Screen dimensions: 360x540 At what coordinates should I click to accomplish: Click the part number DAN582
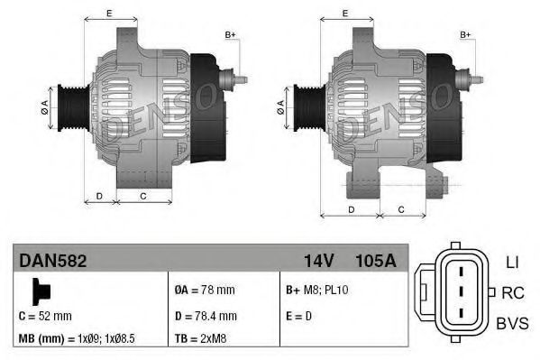[x=53, y=261]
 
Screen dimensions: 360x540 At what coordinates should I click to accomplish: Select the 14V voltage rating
[x=319, y=261]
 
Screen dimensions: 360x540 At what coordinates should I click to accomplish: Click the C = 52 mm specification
[x=45, y=317]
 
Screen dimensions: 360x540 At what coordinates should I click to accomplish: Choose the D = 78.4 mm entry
[x=206, y=317]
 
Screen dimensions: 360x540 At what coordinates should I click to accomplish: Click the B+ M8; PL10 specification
[x=318, y=291]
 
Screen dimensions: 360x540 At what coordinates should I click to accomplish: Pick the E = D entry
[x=301, y=317]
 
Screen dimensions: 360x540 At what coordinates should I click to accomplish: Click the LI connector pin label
[x=511, y=263]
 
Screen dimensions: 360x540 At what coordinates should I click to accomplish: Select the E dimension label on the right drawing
[x=346, y=13]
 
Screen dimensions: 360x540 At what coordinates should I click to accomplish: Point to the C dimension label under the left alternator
[x=143, y=196]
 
